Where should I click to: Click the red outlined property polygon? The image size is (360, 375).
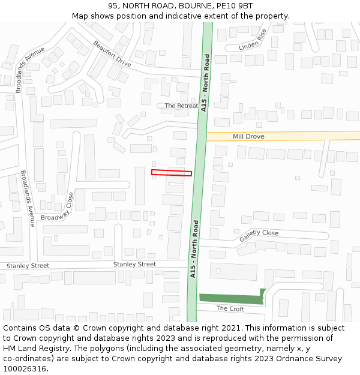click(172, 173)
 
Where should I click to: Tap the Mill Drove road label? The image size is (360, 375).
click(248, 137)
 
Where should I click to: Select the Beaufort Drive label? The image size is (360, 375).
click(112, 54)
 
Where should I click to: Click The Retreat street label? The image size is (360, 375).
click(181, 106)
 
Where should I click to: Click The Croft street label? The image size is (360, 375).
click(230, 308)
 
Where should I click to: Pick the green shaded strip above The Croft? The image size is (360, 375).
click(231, 299)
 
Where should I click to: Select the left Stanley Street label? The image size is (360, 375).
click(28, 266)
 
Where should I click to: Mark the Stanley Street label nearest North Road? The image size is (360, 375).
click(134, 264)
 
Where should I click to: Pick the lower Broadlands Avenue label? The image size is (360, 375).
click(28, 199)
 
